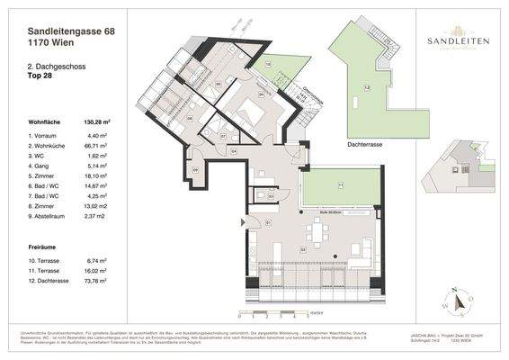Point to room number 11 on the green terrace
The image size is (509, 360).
coord(340,185)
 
